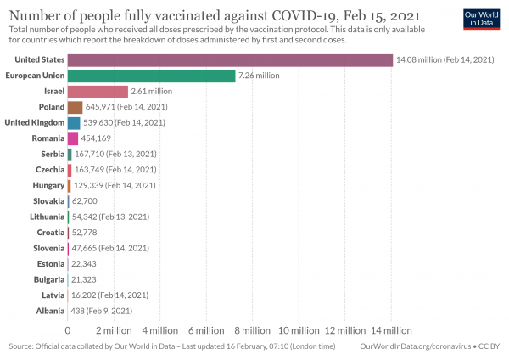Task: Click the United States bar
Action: pos(229,60)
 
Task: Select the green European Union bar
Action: pos(151,76)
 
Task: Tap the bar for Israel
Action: pos(98,92)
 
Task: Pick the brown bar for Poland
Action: pos(75,107)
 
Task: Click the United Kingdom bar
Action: pos(74,123)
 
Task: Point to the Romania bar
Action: pos(73,138)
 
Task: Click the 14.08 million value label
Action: pos(445,60)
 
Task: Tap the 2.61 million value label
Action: pos(152,92)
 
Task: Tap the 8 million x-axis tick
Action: pos(252,330)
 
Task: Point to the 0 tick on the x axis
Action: pos(68,330)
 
